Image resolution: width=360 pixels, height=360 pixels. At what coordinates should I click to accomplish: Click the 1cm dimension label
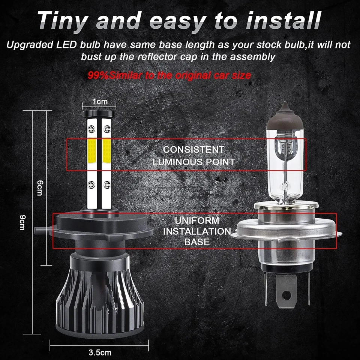(100, 102)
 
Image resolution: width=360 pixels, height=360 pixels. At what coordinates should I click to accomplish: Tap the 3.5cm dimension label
(100, 353)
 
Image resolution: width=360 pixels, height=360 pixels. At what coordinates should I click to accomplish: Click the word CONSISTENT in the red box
(193, 150)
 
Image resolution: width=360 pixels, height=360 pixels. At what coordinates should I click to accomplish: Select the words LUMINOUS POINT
(193, 162)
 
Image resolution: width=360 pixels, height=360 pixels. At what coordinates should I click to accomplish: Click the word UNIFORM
(196, 220)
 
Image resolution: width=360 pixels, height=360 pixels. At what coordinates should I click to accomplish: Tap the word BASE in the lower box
(196, 242)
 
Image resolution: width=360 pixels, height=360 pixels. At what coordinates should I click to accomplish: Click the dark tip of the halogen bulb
(285, 112)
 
